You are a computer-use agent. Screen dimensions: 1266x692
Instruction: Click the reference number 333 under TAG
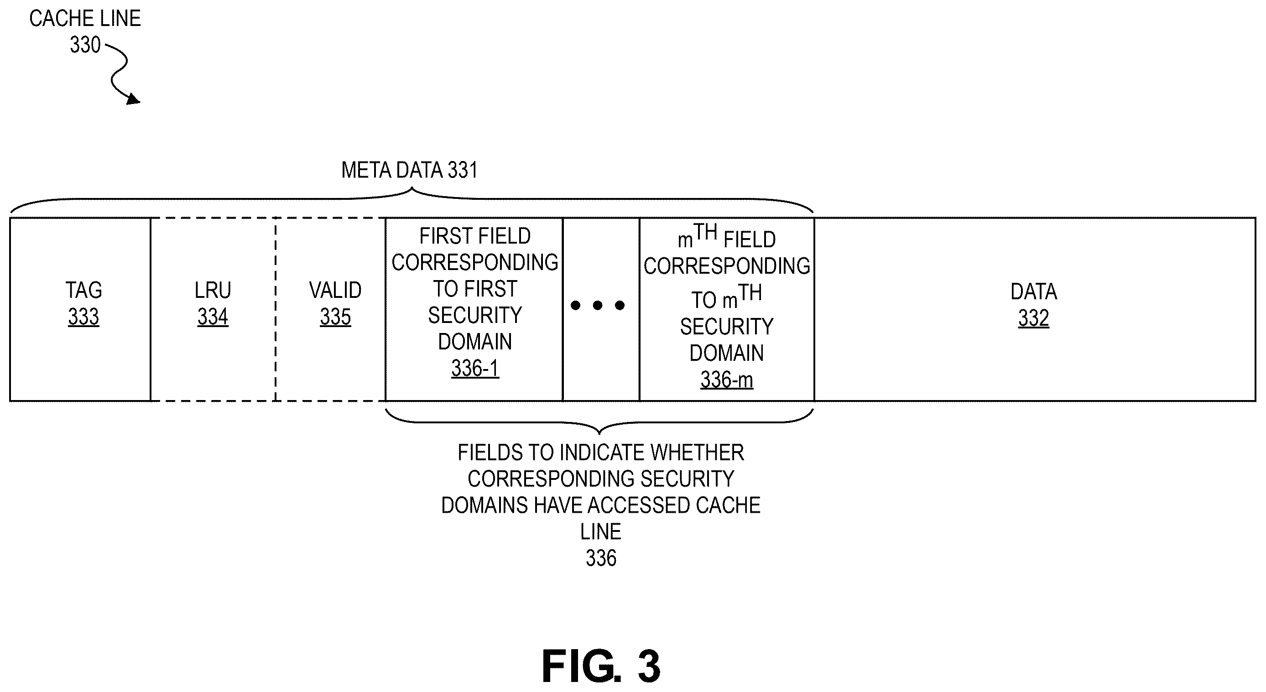(83, 317)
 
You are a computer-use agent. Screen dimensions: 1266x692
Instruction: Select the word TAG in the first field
(84, 290)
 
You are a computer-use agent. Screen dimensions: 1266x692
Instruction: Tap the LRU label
(213, 290)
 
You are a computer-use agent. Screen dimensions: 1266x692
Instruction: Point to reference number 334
(213, 317)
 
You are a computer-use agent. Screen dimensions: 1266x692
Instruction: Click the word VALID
(335, 290)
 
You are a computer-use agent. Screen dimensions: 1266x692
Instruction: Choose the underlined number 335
(335, 317)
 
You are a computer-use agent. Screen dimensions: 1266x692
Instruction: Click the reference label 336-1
(475, 368)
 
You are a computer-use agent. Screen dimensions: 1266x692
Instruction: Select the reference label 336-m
(727, 380)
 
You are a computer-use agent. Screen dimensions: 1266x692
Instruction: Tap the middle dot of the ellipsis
(598, 305)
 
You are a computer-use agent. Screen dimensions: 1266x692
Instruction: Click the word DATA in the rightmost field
(1033, 291)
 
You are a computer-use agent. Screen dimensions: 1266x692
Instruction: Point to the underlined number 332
(1033, 318)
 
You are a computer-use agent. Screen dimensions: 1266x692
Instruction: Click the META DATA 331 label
(409, 170)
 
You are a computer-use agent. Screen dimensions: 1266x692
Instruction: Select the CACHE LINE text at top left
(85, 19)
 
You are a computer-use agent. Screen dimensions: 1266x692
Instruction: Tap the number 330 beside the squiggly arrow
(85, 45)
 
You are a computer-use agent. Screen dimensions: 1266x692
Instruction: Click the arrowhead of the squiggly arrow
(134, 99)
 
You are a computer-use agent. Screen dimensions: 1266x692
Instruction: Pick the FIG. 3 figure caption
(601, 666)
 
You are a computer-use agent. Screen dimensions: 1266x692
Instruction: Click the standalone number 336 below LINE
(601, 558)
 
